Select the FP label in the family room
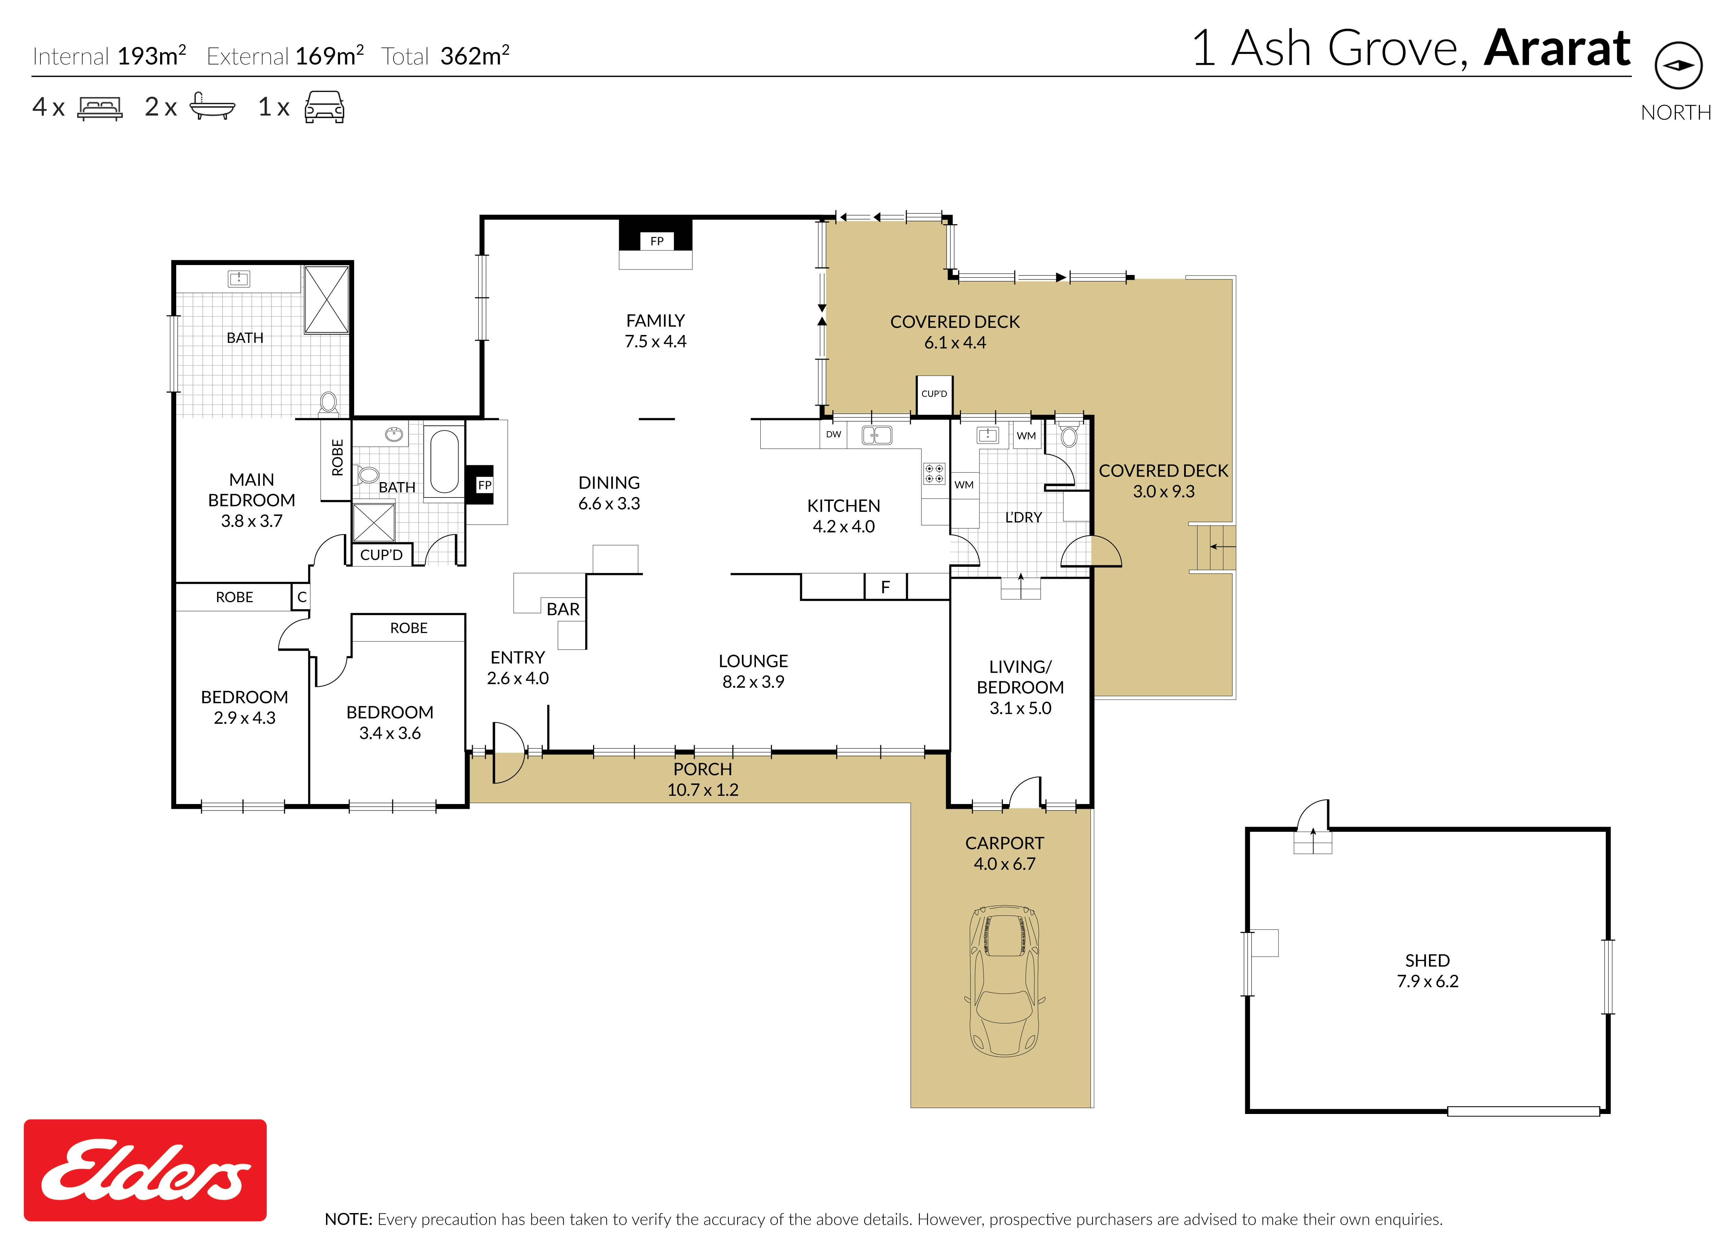pos(657,241)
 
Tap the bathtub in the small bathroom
pos(444,461)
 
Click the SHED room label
pos(1428,960)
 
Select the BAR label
pos(563,609)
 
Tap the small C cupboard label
pos(302,597)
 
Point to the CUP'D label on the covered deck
pos(934,394)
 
